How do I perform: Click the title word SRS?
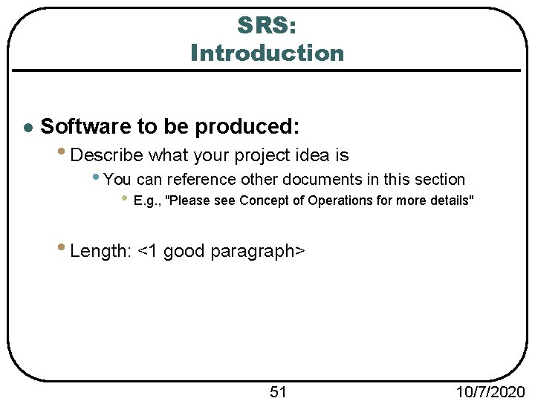click(x=267, y=25)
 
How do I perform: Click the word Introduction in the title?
click(x=267, y=53)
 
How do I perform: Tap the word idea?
click(x=311, y=155)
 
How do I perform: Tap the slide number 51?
click(x=278, y=391)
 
